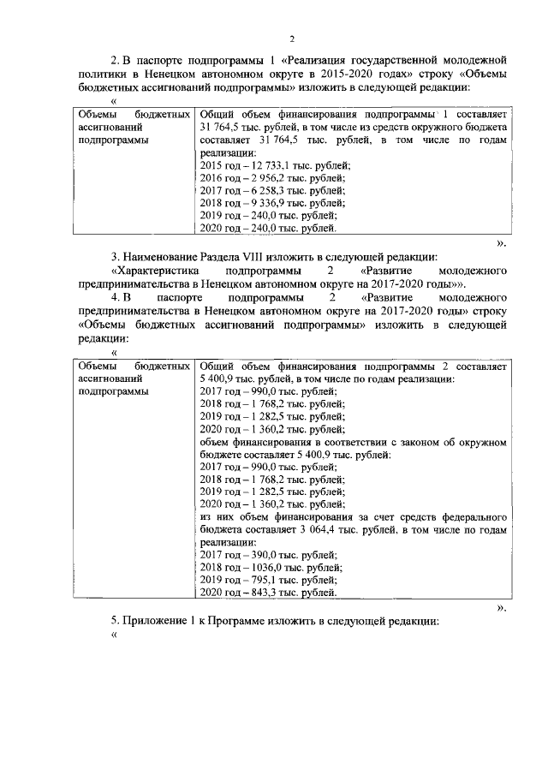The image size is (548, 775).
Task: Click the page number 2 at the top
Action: pyautogui.click(x=291, y=39)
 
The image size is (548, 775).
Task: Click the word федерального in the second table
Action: pyautogui.click(x=474, y=518)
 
